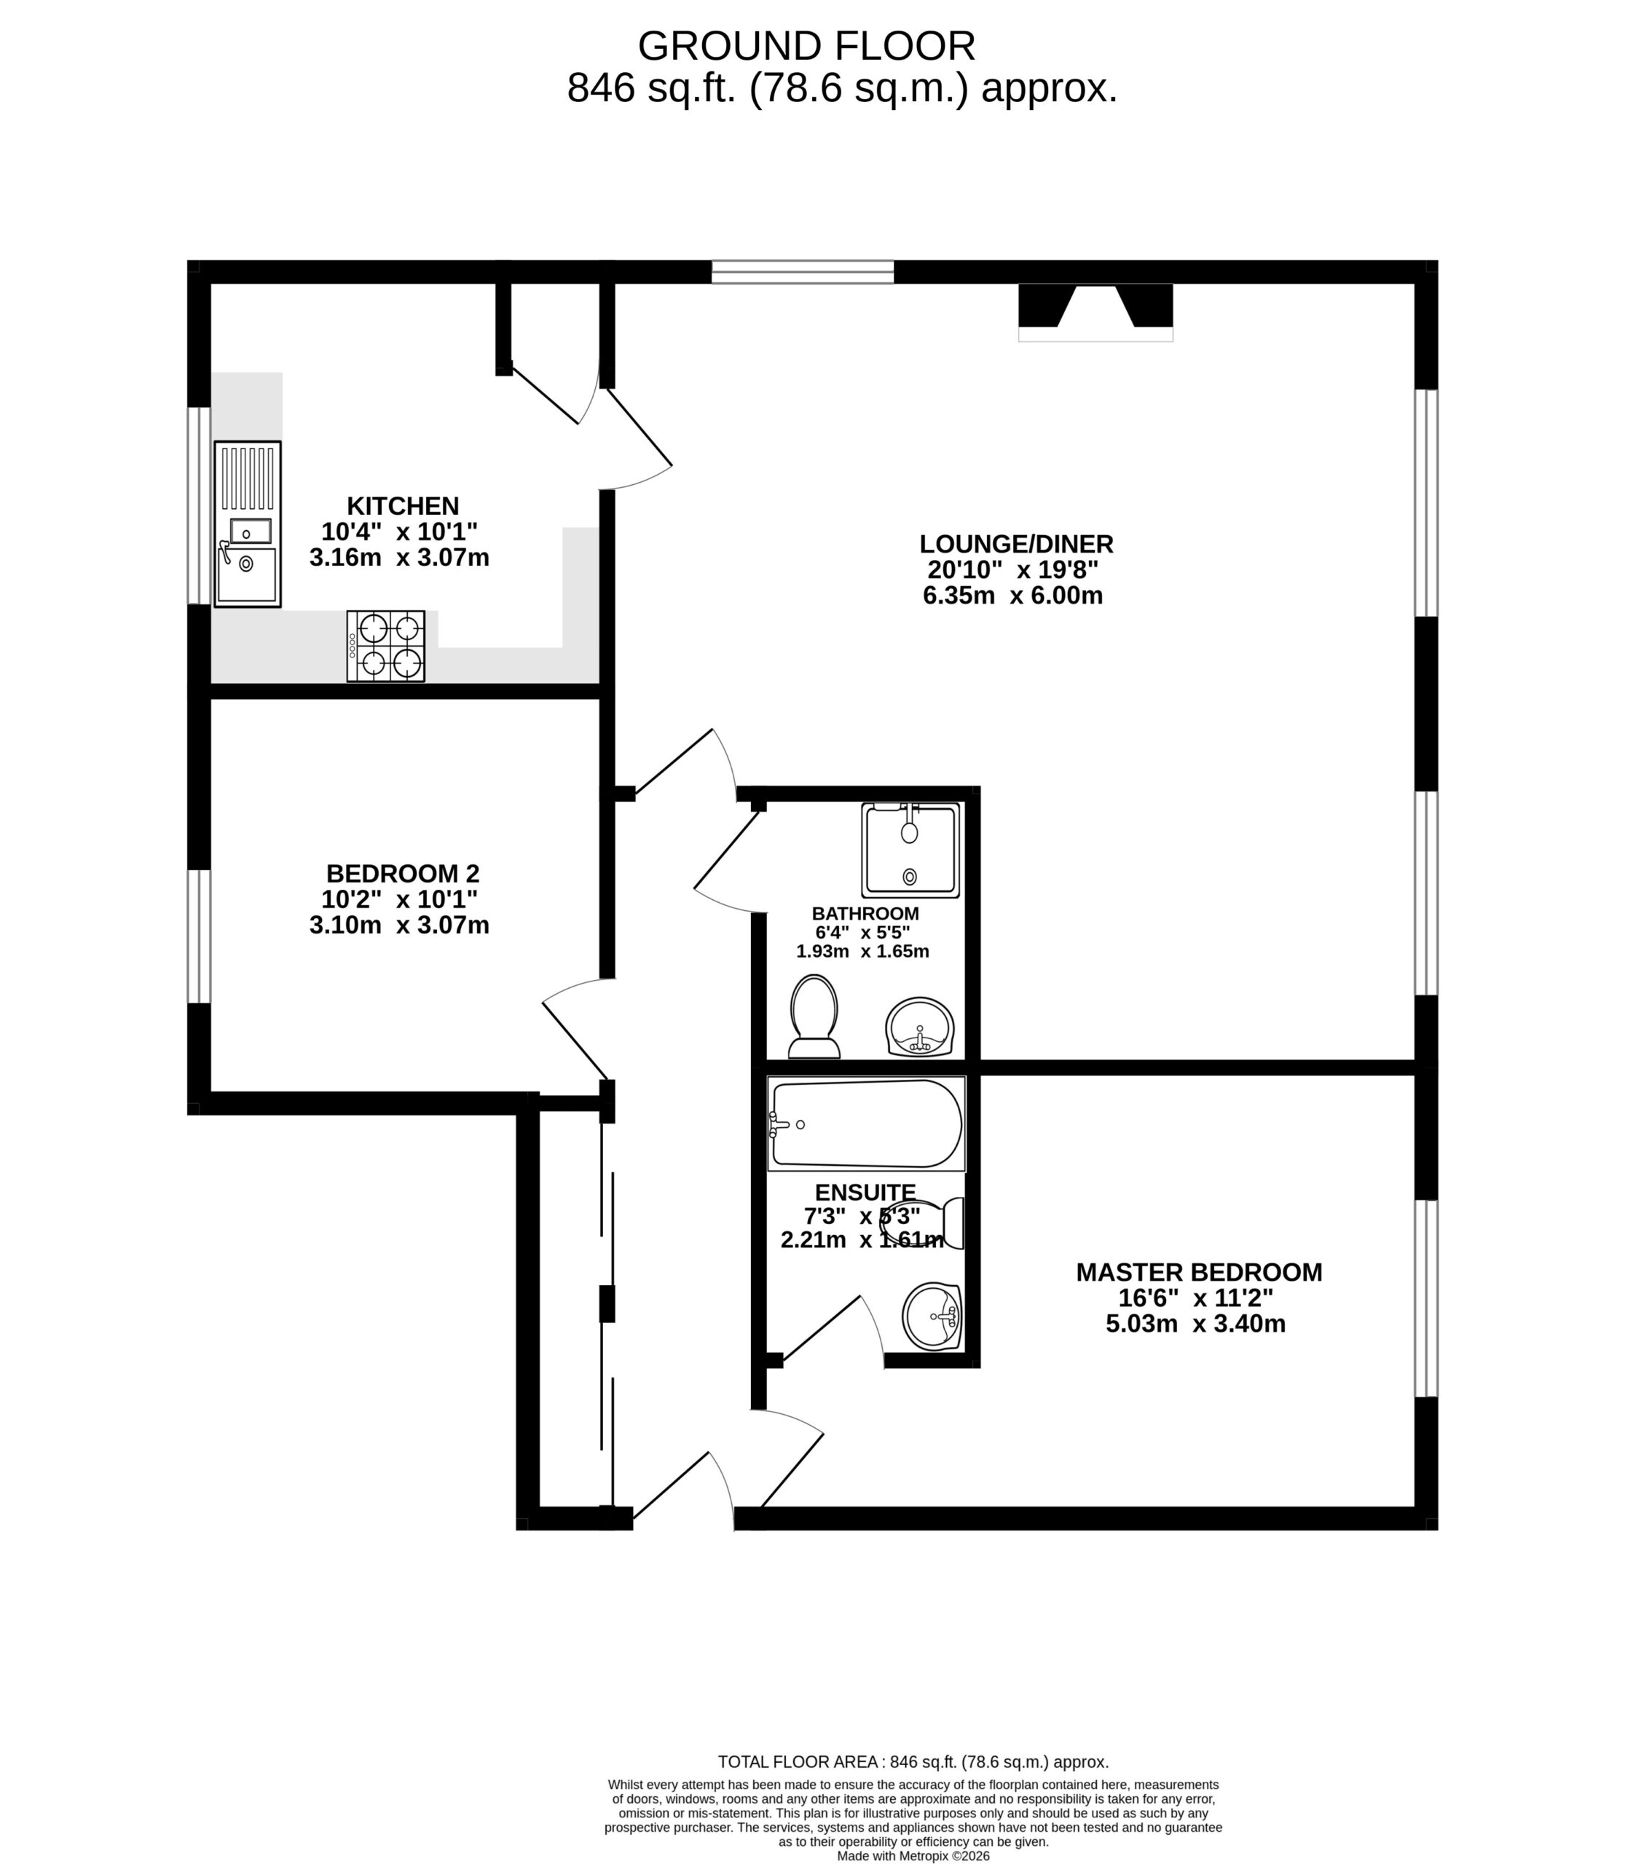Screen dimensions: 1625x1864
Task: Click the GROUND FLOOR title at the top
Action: (x=806, y=45)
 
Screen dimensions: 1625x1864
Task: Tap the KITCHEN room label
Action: (x=403, y=506)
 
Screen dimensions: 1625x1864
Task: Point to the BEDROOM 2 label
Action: (x=403, y=874)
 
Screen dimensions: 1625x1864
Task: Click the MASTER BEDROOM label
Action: (x=1199, y=1272)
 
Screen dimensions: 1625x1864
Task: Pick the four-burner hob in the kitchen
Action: (x=385, y=647)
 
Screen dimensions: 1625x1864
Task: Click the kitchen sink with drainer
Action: (x=248, y=524)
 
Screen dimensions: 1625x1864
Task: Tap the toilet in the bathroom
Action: (x=814, y=1016)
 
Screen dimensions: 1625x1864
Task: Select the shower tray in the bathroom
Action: (x=910, y=850)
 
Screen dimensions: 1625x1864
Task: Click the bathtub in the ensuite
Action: (x=866, y=1124)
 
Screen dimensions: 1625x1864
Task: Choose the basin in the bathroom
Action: (x=919, y=1027)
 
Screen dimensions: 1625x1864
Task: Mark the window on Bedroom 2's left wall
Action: (x=200, y=936)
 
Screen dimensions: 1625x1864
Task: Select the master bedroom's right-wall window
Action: (x=1426, y=1298)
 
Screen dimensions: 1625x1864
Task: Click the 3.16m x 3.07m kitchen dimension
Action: (x=399, y=558)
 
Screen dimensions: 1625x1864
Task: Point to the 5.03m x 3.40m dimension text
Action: (x=1195, y=1324)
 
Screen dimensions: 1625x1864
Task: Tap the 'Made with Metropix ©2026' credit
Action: (x=913, y=1856)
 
